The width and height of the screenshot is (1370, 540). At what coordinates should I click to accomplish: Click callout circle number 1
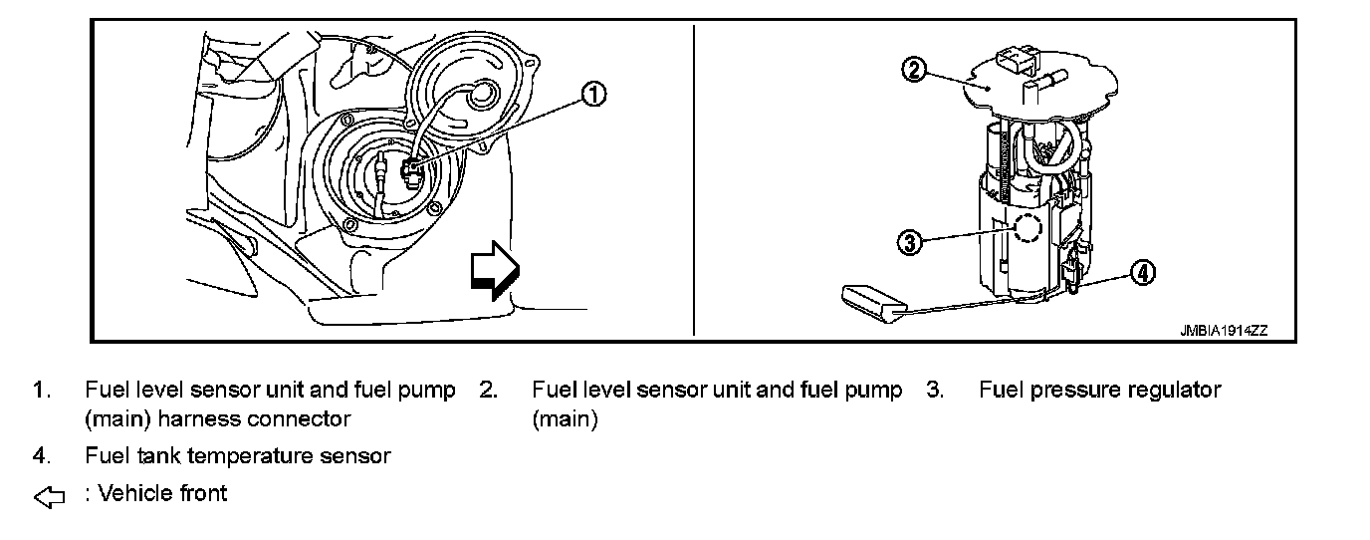tap(592, 95)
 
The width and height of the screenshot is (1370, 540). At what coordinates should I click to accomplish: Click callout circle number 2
tap(914, 70)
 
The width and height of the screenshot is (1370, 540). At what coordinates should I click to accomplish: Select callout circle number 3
tap(909, 241)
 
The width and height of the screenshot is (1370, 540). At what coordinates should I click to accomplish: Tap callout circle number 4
tap(1143, 272)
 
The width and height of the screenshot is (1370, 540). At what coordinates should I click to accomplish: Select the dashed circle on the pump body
tap(1027, 227)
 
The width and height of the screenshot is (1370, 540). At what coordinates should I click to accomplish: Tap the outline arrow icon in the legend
tap(49, 496)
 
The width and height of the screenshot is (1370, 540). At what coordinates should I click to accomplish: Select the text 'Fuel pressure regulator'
tap(1099, 390)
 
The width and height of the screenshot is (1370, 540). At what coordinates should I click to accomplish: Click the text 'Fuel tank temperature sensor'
tap(238, 456)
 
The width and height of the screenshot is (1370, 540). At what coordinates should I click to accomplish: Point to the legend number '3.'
tap(934, 390)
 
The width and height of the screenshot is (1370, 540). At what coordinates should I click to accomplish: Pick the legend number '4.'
tap(41, 456)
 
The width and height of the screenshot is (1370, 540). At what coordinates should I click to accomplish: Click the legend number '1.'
tap(41, 390)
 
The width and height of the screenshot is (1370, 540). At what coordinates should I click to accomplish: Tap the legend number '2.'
tap(488, 390)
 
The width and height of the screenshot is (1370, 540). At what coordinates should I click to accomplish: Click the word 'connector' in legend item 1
tap(298, 419)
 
